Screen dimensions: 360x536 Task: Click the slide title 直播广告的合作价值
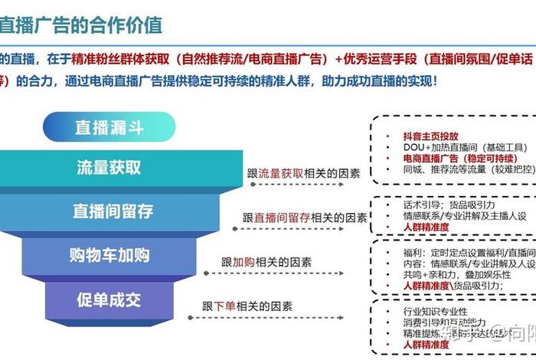(80, 25)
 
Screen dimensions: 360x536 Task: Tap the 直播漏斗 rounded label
(109, 127)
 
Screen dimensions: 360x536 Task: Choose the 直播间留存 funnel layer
(113, 211)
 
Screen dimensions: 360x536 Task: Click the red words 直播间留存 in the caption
(282, 218)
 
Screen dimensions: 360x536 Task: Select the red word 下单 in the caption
(224, 306)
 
